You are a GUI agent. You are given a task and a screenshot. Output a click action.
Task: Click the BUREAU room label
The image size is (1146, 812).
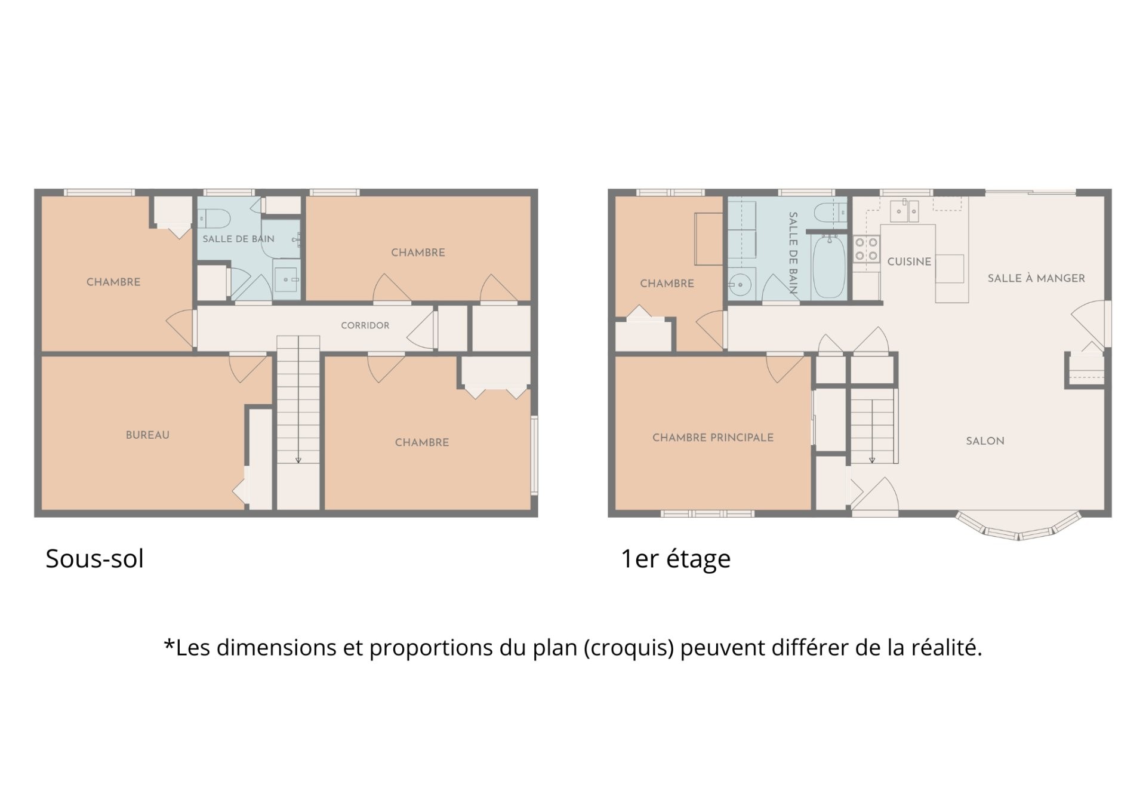[x=147, y=435]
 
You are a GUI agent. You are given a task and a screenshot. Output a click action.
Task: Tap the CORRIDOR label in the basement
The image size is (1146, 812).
[x=365, y=325]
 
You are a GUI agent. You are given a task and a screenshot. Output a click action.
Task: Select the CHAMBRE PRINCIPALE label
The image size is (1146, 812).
[x=713, y=438]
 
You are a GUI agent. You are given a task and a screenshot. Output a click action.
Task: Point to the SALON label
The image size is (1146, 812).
[x=985, y=441]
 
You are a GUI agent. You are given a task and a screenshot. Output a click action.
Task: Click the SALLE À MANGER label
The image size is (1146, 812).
[x=1036, y=278]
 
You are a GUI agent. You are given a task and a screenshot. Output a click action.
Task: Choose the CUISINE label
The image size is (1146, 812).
[x=909, y=262]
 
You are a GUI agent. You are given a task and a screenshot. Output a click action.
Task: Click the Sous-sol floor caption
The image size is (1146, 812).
[x=94, y=559]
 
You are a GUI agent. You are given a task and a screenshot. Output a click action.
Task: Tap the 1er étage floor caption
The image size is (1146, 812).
[x=676, y=559]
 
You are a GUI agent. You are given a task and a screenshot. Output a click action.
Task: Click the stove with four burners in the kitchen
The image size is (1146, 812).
[x=866, y=250]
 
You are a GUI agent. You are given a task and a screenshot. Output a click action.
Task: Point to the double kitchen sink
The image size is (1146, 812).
[x=904, y=210]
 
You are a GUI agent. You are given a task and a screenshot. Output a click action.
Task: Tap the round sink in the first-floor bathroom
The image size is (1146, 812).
[x=740, y=285]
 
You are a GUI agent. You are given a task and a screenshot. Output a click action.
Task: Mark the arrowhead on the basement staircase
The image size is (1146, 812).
[x=298, y=460]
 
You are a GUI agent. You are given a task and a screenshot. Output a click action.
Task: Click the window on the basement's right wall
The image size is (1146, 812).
[x=534, y=456]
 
